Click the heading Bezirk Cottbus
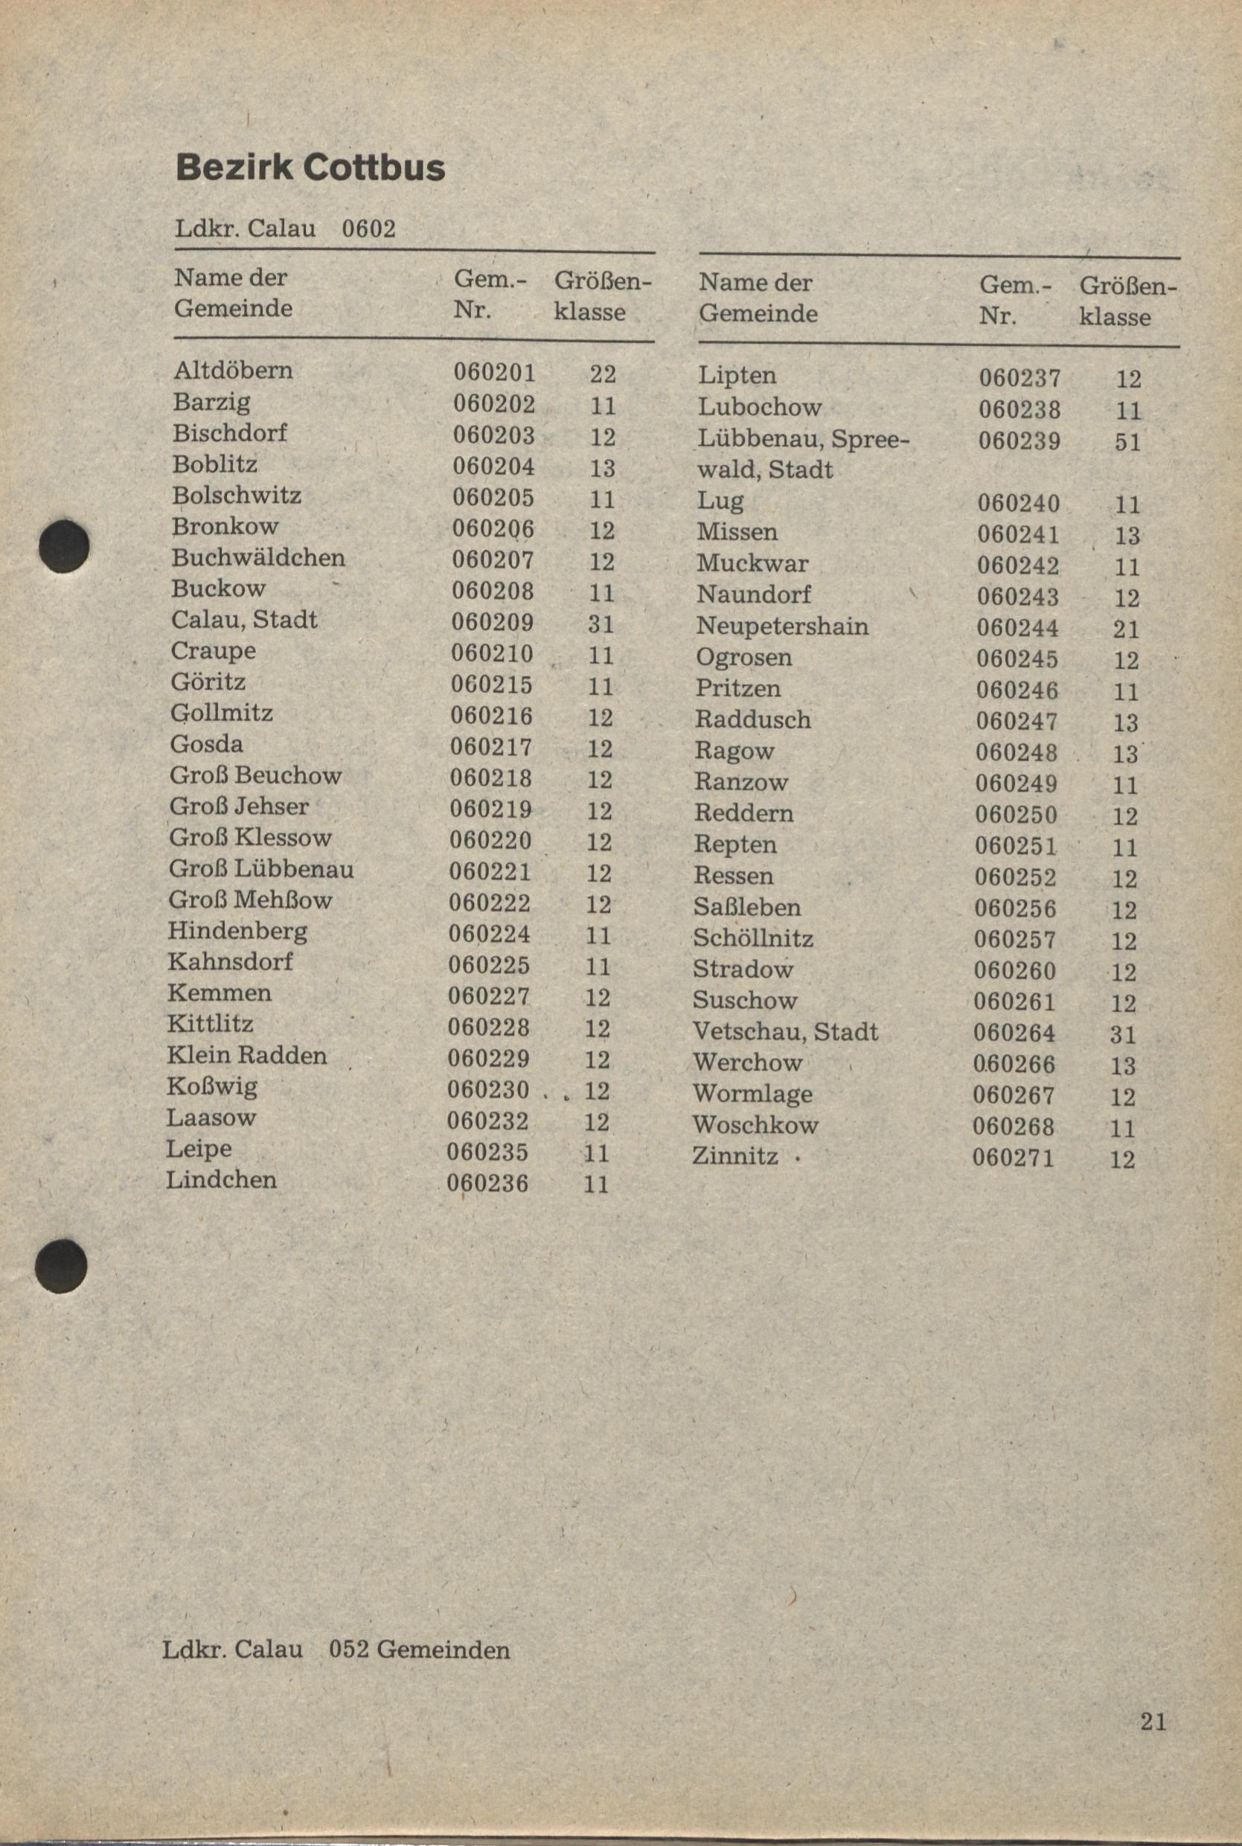click(x=310, y=168)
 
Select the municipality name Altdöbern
click(x=233, y=371)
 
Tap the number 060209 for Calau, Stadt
click(x=492, y=623)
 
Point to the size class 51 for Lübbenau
click(x=1127, y=442)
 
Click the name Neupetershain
click(x=782, y=626)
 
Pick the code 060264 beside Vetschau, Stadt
click(x=1014, y=1033)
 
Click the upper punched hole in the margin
click(x=64, y=546)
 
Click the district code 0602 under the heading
click(x=368, y=229)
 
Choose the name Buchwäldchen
click(x=258, y=557)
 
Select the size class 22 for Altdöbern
click(x=603, y=374)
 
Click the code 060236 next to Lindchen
click(x=487, y=1183)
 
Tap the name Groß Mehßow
click(x=249, y=900)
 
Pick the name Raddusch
click(x=752, y=720)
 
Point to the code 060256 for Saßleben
click(x=1015, y=909)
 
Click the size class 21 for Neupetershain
click(x=1126, y=629)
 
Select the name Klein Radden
click(x=246, y=1056)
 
